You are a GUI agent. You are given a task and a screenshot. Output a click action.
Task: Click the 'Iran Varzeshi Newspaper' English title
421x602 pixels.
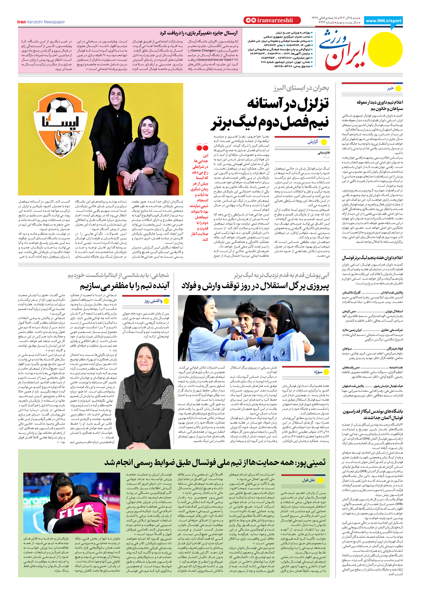coord(41,22)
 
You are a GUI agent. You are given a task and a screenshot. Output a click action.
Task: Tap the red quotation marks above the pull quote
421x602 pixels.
coord(202,148)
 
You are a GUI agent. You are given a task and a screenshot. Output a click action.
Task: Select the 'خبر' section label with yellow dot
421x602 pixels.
coord(394,89)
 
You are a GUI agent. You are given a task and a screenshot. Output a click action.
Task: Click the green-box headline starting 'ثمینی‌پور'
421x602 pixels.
coord(215,462)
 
